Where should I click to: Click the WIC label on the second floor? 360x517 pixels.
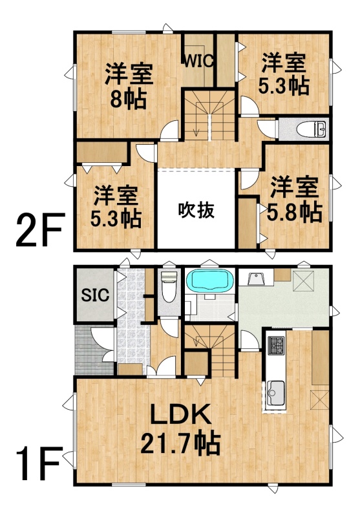(199, 61)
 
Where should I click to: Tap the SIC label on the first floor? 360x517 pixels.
(95, 295)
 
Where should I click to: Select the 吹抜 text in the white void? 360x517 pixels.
(196, 210)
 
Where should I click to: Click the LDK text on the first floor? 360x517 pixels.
(181, 414)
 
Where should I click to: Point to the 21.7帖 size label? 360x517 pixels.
(180, 443)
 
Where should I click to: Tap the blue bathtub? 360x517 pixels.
(210, 280)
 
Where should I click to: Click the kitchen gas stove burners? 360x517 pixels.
(276, 345)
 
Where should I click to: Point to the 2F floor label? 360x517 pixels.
(39, 230)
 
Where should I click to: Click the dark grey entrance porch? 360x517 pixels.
(94, 350)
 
